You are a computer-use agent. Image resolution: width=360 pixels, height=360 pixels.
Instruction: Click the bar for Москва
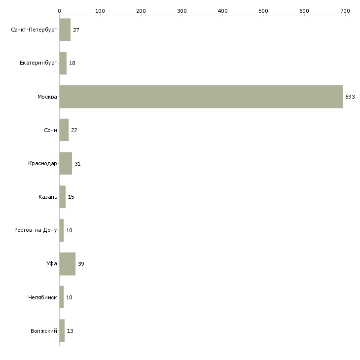[201, 97]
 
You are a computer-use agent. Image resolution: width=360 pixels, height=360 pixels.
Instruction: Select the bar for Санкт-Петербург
[65, 30]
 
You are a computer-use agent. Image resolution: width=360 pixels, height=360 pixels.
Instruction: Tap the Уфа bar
[68, 264]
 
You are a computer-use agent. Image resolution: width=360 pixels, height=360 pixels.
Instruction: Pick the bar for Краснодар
[66, 163]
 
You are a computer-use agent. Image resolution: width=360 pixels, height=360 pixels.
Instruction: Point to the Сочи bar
[64, 130]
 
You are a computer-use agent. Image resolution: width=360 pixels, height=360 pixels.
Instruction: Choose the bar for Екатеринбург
[63, 63]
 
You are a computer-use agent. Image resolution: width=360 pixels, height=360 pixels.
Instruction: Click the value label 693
[350, 97]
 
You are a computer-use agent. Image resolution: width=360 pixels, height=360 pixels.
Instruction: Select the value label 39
[81, 264]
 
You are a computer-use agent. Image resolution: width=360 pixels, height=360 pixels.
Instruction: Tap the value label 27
[76, 30]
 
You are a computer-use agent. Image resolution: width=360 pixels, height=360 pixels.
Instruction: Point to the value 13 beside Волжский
[70, 331]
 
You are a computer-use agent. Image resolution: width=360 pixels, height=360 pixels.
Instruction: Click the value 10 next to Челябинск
[69, 297]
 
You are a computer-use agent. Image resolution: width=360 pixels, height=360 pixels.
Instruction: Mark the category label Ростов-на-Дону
[36, 230]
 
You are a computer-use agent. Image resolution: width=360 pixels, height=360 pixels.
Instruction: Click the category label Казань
[48, 197]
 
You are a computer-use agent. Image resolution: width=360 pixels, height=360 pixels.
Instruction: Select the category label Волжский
[44, 331]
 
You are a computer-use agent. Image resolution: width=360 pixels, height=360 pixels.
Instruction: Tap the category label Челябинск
[42, 297]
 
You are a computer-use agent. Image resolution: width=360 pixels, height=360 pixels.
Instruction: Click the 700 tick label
[345, 11]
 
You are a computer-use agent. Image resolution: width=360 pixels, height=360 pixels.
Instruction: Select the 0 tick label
[60, 11]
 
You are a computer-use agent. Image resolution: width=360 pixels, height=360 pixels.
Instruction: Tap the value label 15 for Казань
[71, 197]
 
